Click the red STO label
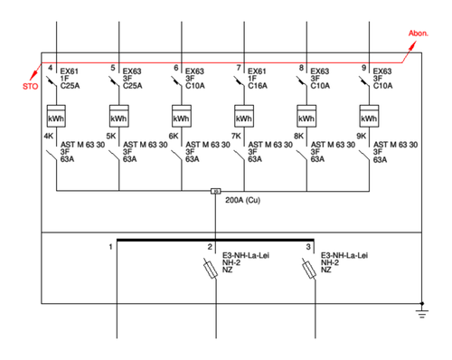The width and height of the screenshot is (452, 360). pyautogui.click(x=31, y=86)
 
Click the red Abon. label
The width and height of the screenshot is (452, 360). pyautogui.click(x=419, y=33)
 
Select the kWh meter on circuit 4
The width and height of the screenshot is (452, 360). pyautogui.click(x=56, y=116)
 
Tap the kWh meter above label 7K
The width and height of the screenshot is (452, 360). pyautogui.click(x=244, y=116)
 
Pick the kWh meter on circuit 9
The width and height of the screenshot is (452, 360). pyautogui.click(x=369, y=116)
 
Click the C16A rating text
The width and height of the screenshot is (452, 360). pyautogui.click(x=258, y=86)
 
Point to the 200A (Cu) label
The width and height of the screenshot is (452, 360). pyautogui.click(x=242, y=200)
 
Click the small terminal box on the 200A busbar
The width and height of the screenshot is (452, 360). pyautogui.click(x=215, y=191)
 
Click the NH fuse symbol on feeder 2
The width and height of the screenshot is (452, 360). pyautogui.click(x=211, y=269)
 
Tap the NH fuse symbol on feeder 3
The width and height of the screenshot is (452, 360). pyautogui.click(x=309, y=269)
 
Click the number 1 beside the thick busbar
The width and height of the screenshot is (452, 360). pyautogui.click(x=110, y=247)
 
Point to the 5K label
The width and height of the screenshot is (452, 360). pyautogui.click(x=111, y=137)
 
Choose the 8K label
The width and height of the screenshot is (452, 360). pyautogui.click(x=298, y=137)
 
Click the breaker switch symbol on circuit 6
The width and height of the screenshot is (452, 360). pyautogui.click(x=177, y=81)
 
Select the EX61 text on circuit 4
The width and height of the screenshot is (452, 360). pyautogui.click(x=70, y=71)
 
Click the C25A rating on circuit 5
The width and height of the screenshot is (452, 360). pyautogui.click(x=133, y=86)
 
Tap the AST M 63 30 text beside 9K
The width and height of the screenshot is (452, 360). pyautogui.click(x=396, y=145)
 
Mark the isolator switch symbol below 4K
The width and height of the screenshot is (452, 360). pyautogui.click(x=52, y=156)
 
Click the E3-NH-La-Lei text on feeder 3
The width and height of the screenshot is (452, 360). pyautogui.click(x=344, y=255)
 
